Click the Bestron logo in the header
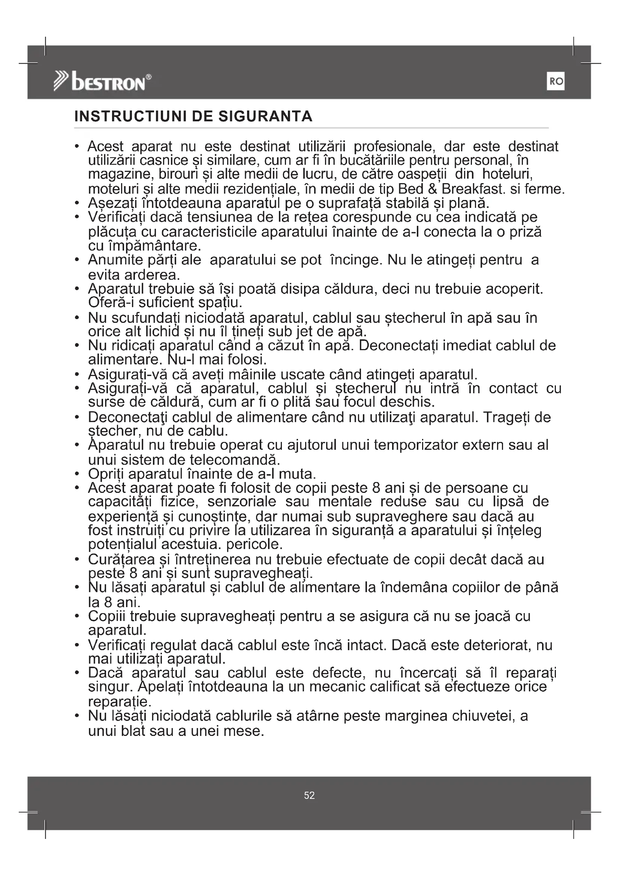click(x=102, y=82)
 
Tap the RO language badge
click(x=556, y=81)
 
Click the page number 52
click(x=309, y=795)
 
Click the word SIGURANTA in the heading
click(x=265, y=116)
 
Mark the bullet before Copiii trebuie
click(x=77, y=616)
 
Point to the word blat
click(x=133, y=731)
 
